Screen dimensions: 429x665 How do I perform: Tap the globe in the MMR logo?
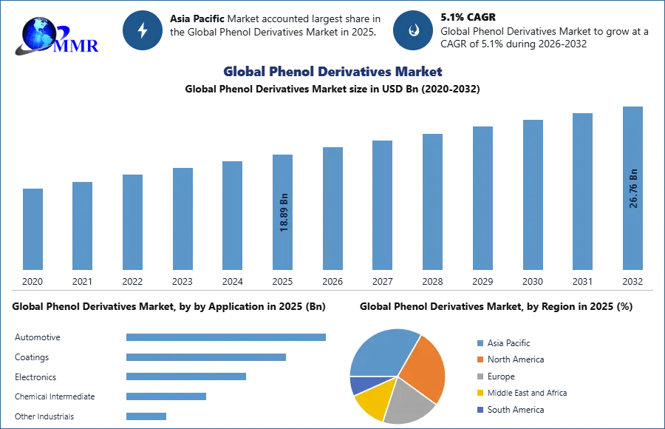coord(38,33)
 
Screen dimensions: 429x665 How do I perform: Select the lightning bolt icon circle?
coord(143,30)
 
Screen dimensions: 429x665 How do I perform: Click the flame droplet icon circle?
coord(413,30)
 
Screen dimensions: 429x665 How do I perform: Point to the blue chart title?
coord(332,72)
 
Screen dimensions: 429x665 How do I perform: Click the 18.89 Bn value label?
coord(284,213)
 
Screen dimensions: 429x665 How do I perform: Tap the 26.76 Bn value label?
coord(633,189)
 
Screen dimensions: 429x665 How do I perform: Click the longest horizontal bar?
coord(227,337)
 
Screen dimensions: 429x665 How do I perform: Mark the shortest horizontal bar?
coord(147,414)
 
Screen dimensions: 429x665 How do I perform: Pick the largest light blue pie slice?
coord(381,351)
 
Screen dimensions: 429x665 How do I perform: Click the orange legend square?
coord(479,360)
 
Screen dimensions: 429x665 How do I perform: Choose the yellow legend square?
coord(479,392)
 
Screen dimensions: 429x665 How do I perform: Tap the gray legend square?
coord(479,376)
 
